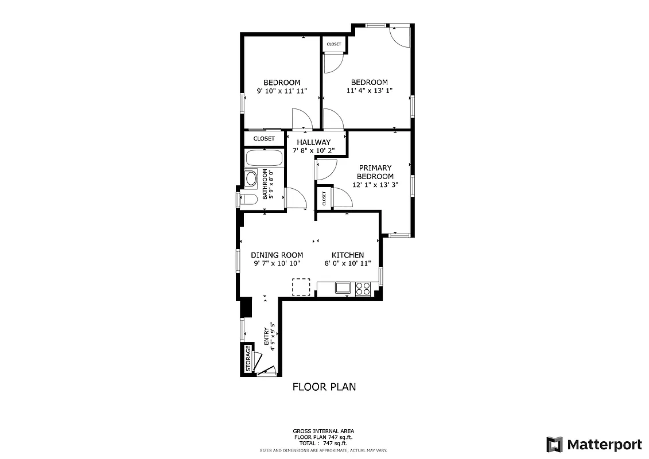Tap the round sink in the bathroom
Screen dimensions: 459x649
(x=251, y=178)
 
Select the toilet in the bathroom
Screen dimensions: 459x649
(x=248, y=200)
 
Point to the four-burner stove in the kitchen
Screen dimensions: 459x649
(x=363, y=288)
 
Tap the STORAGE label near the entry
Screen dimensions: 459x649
(x=248, y=359)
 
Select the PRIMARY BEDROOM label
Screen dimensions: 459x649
(x=375, y=172)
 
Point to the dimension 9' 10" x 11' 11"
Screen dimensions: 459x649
(x=282, y=91)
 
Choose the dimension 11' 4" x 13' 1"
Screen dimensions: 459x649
(x=369, y=91)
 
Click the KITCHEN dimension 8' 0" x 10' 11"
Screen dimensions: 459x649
(x=348, y=263)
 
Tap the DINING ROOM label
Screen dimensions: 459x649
(x=277, y=255)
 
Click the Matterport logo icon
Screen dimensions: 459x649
(x=554, y=445)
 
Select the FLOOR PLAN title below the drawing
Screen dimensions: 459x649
(x=324, y=387)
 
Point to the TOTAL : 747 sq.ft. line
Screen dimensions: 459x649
(x=324, y=444)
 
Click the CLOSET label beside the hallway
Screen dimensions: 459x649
(x=264, y=138)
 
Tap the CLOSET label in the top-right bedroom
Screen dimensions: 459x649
(x=333, y=44)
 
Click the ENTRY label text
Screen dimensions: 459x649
(x=266, y=336)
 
